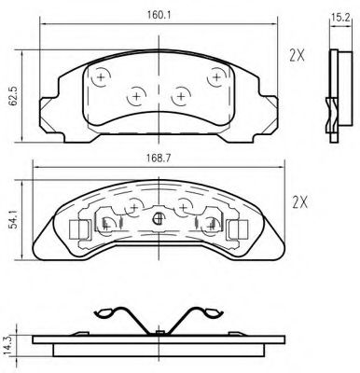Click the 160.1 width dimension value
[x=159, y=15]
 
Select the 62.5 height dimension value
[x=13, y=97]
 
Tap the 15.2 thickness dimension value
[x=340, y=18]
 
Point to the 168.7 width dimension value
[x=159, y=159]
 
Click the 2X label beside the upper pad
[x=297, y=56]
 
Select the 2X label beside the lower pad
[x=300, y=202]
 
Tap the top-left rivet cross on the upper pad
[x=101, y=76]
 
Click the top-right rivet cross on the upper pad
[x=216, y=76]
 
